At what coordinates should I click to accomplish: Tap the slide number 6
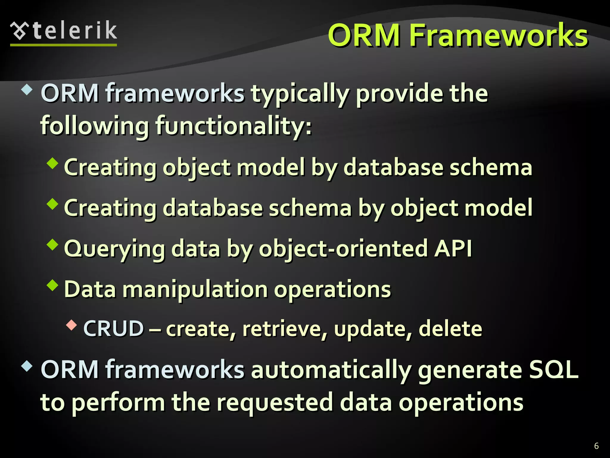point(596,446)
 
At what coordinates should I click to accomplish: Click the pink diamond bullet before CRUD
point(71,325)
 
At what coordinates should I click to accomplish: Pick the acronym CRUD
point(113,329)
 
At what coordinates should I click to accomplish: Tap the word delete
point(450,329)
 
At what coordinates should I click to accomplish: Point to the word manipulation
point(195,290)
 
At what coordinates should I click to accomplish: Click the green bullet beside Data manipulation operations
point(53,285)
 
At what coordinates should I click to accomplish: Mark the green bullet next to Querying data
point(53,245)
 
